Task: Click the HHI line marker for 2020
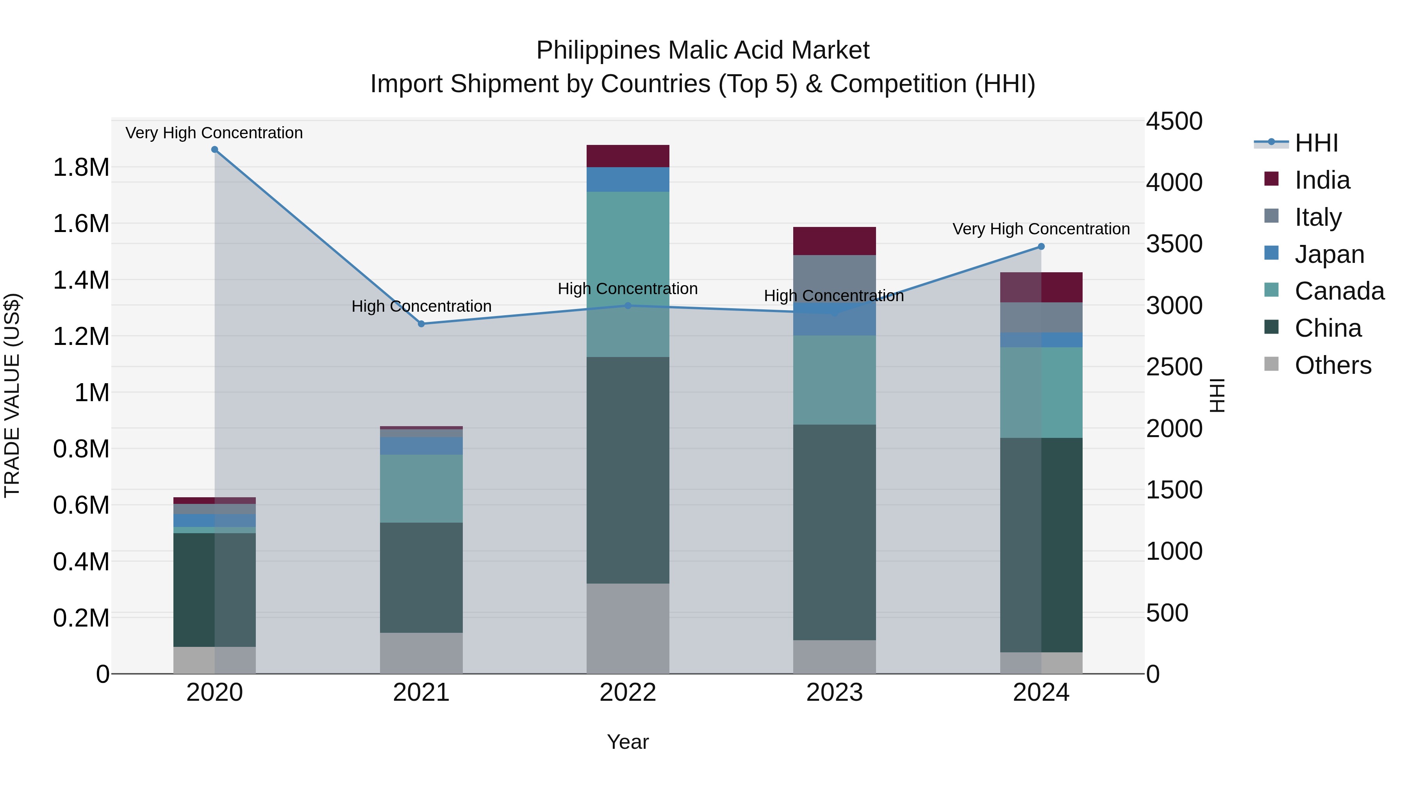tap(214, 150)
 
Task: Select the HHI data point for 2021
tap(421, 324)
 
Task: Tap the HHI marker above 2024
tap(1041, 247)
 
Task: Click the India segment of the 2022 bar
tap(628, 156)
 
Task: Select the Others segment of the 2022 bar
tap(628, 629)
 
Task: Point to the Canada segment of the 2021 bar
tap(421, 489)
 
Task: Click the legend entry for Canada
tap(1338, 291)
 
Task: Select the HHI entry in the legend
tap(1315, 143)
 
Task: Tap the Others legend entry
tap(1332, 365)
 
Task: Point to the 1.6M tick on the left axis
tap(81, 224)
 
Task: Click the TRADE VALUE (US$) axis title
tap(12, 395)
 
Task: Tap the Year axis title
tap(628, 742)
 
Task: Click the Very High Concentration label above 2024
tap(1041, 229)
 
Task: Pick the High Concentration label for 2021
tap(421, 306)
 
